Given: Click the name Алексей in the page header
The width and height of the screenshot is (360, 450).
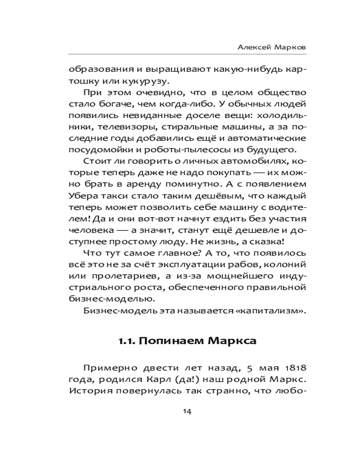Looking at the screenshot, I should (x=251, y=47).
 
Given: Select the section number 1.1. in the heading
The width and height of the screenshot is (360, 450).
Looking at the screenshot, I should (x=127, y=341).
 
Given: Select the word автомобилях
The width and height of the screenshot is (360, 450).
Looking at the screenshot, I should (x=241, y=161).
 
